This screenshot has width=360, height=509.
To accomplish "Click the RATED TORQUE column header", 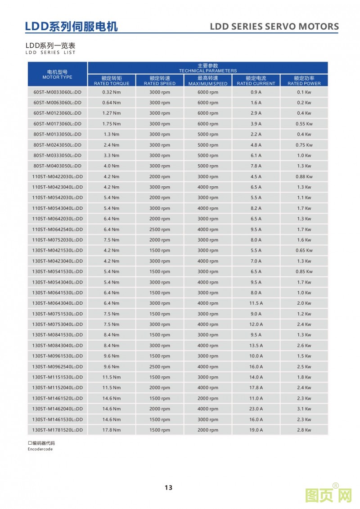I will [x=112, y=81].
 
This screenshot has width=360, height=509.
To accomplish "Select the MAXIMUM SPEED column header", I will [x=208, y=81].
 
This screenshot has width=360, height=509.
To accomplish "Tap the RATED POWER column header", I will [x=304, y=81].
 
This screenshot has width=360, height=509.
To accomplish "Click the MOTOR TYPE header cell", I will [x=57, y=74].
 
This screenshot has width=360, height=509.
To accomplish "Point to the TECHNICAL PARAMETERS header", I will [x=207, y=68].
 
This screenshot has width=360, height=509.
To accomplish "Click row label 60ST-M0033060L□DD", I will [x=57, y=92].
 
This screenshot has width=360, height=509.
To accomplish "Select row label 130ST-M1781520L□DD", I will [x=57, y=430].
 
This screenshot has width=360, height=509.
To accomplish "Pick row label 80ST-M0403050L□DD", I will [x=57, y=166].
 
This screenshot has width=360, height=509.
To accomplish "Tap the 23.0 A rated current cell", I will [x=256, y=409].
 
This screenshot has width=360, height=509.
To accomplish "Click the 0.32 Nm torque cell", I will [x=112, y=92].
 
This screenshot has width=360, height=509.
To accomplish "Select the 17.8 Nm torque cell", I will [x=112, y=430].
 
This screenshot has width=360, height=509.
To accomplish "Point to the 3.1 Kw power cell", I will [x=304, y=409].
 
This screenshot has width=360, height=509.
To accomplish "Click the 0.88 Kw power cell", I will [x=304, y=176].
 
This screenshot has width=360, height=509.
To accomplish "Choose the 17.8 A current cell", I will [x=256, y=387].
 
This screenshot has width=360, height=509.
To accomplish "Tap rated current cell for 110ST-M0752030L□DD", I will [x=256, y=240].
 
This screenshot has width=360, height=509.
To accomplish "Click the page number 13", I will [x=168, y=487].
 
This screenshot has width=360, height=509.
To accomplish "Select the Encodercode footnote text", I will [x=40, y=449].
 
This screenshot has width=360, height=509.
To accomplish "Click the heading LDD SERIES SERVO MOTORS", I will [x=274, y=27].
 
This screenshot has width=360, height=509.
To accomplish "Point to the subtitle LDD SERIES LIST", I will [x=51, y=52].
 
